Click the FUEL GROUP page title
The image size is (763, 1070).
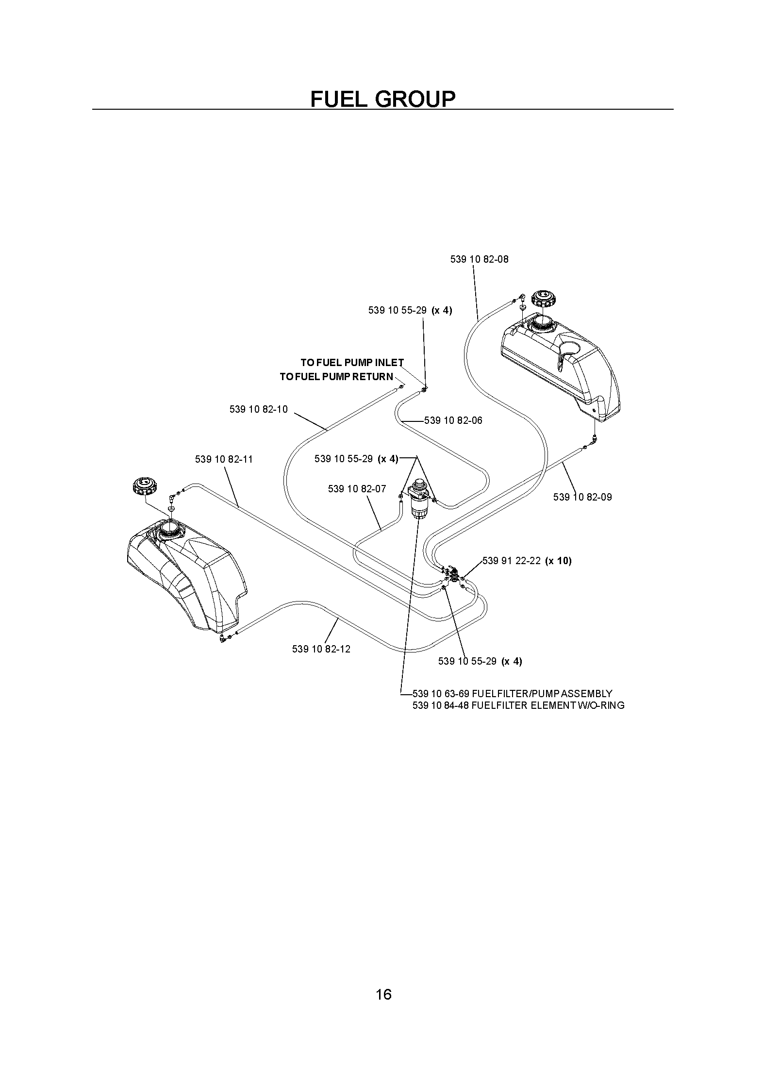tap(383, 99)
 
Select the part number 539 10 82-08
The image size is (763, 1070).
tap(480, 259)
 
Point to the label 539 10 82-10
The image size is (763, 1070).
tap(259, 409)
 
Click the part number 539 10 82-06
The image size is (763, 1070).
tap(453, 420)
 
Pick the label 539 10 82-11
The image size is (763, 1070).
tap(224, 459)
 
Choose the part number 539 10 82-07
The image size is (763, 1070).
tap(357, 489)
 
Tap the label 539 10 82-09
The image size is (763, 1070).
tap(582, 497)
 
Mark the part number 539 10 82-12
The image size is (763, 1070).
tap(321, 649)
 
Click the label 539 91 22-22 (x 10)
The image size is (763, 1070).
tap(527, 561)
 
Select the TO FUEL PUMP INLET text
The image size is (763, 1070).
tap(352, 363)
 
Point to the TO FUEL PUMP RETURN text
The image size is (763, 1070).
tap(337, 377)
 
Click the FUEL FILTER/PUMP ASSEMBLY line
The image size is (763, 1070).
tap(513, 694)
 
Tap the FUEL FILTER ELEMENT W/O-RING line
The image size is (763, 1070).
tap(518, 705)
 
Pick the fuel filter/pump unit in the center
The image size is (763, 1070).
tap(418, 499)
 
